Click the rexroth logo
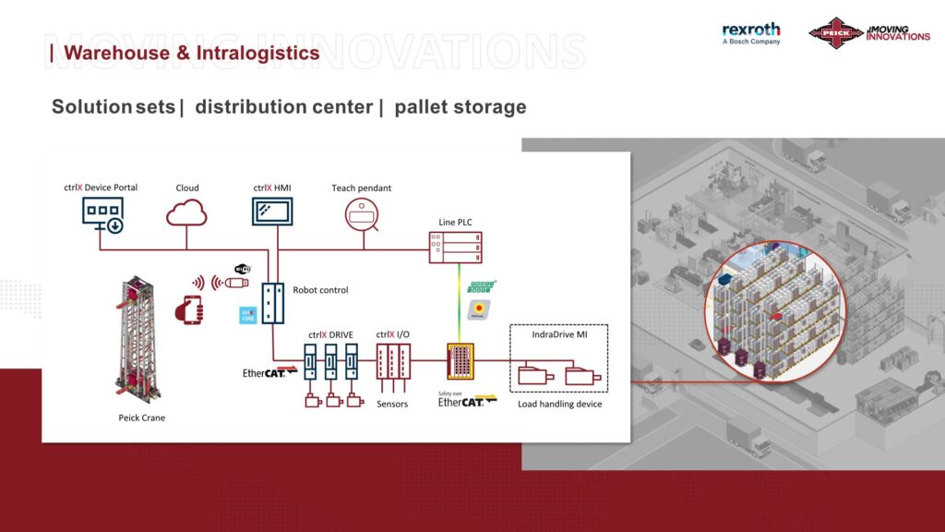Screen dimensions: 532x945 [x=750, y=33]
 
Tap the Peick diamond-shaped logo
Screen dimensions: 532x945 [x=834, y=33]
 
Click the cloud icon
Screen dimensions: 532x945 [x=186, y=214]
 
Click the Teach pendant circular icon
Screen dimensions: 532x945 [x=362, y=214]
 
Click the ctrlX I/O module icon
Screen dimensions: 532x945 [x=393, y=362]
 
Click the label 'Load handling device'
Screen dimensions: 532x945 [x=559, y=405]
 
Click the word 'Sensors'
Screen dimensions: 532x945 [x=392, y=405]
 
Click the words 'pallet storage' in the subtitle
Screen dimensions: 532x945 [x=460, y=107]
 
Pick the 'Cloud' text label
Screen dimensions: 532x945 [x=187, y=188]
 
